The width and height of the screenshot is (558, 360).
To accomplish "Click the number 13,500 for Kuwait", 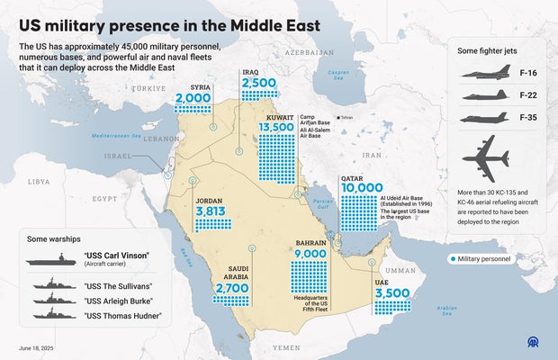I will tap(277, 127).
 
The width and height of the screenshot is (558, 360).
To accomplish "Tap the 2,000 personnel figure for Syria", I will tap(193, 98).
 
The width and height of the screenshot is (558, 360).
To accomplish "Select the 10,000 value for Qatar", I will tap(362, 187).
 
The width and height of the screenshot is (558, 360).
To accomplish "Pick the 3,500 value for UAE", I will tap(393, 293).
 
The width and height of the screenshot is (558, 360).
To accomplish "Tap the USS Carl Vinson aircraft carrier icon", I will tap(56, 260).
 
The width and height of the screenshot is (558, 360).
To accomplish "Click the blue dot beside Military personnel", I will tap(452, 259).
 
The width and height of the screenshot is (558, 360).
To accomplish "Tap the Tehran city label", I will tap(347, 117).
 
